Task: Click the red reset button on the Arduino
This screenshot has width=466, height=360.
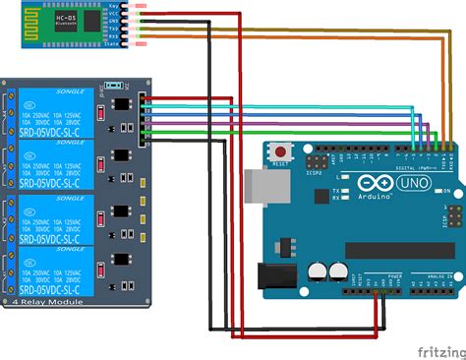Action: point(283,152)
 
